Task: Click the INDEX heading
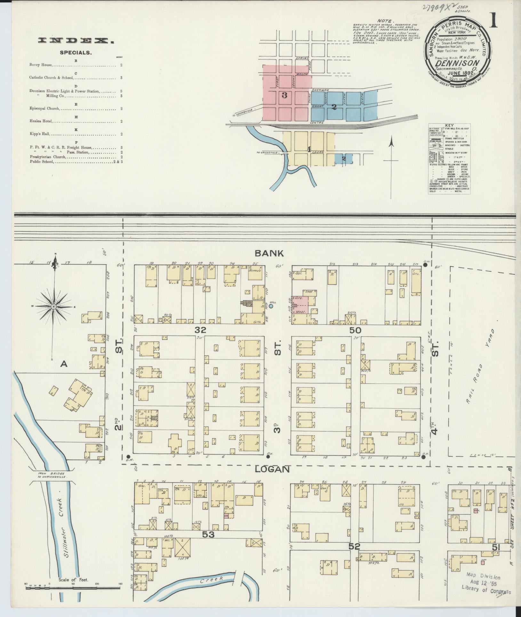76,40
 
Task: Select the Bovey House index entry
41,65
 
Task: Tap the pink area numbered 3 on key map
284,95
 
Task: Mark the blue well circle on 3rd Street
271,306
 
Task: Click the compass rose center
54,306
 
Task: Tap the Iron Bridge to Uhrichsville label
52,484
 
